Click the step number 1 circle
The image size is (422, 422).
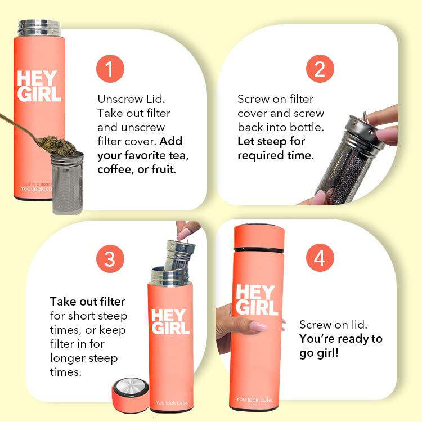110,69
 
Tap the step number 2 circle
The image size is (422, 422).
320,69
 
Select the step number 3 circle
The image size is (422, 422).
110,259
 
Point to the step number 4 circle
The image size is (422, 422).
320,258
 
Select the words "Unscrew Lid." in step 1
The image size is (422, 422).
131,99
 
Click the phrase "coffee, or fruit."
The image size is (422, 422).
137,169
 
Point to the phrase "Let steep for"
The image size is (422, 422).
271,141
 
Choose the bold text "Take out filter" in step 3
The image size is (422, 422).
87,302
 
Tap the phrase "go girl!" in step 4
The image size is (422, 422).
318,353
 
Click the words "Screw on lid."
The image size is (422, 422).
333,325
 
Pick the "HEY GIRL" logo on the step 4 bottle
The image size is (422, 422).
256,300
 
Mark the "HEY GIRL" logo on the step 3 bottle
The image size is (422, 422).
170,322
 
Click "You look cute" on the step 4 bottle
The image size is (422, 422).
254,399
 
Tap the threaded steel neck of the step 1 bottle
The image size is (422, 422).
39,28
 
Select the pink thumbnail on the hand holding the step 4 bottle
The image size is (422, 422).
258,326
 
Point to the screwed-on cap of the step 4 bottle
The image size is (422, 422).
259,237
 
